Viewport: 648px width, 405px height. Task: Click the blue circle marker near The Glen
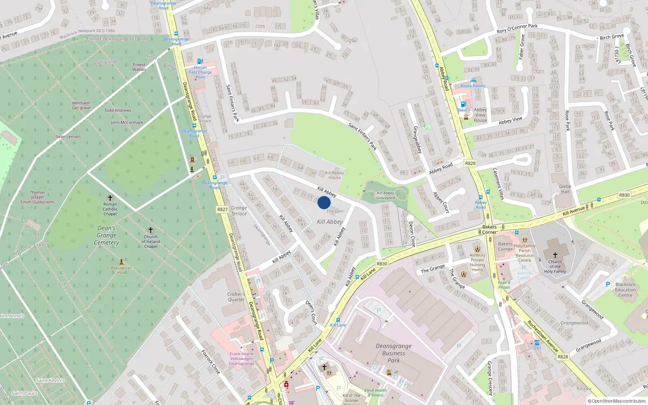click(324, 202)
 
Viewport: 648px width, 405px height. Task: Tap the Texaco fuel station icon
click(463, 104)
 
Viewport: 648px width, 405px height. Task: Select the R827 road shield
click(222, 209)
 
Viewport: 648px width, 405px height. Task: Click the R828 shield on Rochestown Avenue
click(563, 356)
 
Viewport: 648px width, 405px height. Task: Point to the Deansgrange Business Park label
click(393, 353)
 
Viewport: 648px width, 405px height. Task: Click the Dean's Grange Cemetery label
click(107, 235)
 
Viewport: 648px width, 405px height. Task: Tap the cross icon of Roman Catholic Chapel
click(110, 198)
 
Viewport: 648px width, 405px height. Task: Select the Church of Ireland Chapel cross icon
click(151, 230)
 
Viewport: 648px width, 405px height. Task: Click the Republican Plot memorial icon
click(121, 262)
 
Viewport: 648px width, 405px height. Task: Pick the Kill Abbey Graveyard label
click(385, 196)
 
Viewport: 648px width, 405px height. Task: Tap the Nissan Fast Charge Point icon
click(200, 62)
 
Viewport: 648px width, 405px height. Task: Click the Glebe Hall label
click(565, 189)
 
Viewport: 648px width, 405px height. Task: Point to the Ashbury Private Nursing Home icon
click(477, 249)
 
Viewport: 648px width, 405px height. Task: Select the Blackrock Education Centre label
click(625, 290)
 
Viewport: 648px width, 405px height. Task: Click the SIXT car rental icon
click(537, 343)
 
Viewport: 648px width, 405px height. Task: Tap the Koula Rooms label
click(473, 86)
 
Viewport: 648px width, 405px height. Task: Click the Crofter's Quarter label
click(236, 297)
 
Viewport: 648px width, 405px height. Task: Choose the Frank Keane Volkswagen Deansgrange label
click(241, 358)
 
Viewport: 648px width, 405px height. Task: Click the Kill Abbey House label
click(335, 175)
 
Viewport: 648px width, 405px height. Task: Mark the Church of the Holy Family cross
click(555, 255)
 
